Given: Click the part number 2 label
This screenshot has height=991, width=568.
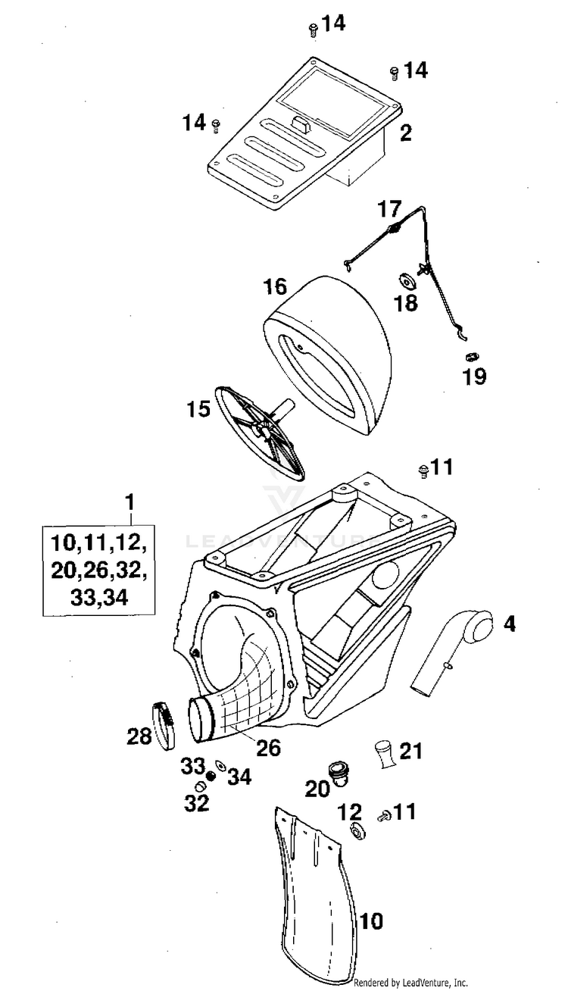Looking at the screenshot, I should click(406, 134).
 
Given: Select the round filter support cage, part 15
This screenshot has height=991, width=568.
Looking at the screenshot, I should click(261, 432).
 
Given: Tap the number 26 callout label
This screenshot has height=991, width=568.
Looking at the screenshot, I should click(268, 748).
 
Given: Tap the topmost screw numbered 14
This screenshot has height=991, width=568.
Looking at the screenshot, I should click(312, 30).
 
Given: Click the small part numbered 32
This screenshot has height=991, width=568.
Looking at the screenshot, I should click(201, 785).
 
